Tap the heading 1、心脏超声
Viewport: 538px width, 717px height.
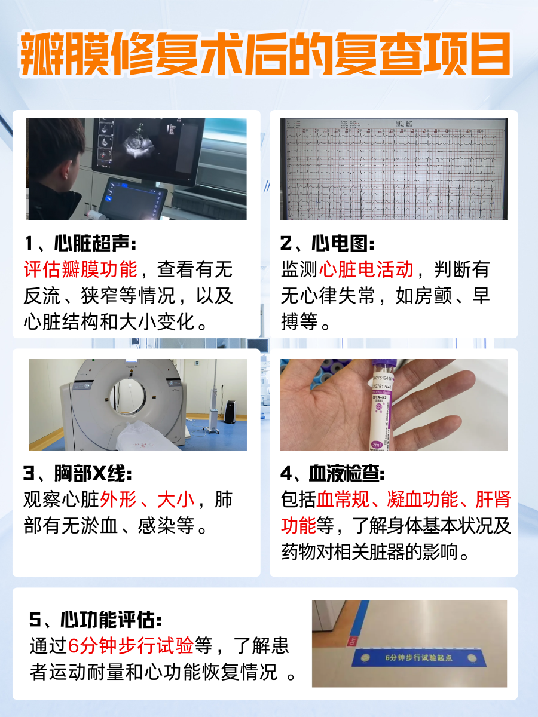(81, 244)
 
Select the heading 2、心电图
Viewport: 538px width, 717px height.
(328, 244)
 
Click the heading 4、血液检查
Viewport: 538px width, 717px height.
(333, 474)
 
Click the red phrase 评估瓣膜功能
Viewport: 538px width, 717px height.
(81, 269)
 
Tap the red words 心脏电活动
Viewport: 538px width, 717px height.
(366, 269)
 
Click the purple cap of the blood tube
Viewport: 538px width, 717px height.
(379, 366)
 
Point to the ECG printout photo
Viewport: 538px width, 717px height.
(393, 169)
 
